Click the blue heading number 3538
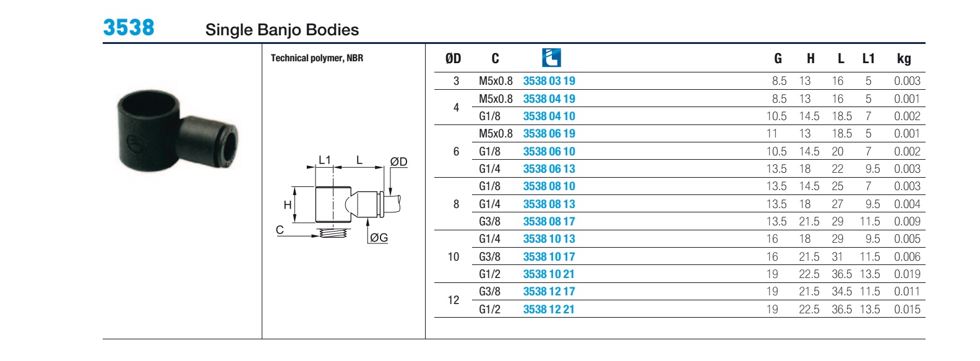[129, 27]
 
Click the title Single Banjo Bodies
[282, 30]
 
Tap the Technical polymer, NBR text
[317, 58]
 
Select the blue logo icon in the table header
[551, 58]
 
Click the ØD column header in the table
[453, 58]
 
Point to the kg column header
[904, 58]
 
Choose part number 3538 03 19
[549, 81]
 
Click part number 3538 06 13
[549, 168]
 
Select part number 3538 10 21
[549, 274]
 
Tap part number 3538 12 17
[549, 292]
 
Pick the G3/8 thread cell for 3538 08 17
[489, 221]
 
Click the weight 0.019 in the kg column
[908, 274]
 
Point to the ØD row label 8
[457, 204]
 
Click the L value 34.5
[842, 292]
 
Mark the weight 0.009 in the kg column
[908, 221]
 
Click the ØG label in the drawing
[379, 237]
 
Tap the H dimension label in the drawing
[288, 204]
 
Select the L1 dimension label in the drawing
[324, 160]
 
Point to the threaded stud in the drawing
[333, 233]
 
